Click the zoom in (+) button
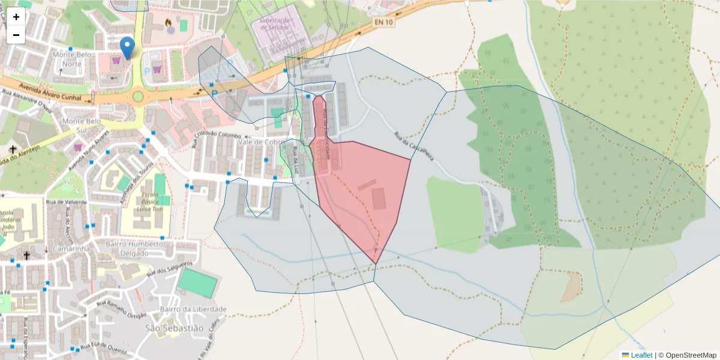coord(16,17)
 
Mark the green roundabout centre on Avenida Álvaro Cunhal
coord(138,96)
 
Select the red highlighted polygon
coord(360,192)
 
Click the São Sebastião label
coord(175,328)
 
